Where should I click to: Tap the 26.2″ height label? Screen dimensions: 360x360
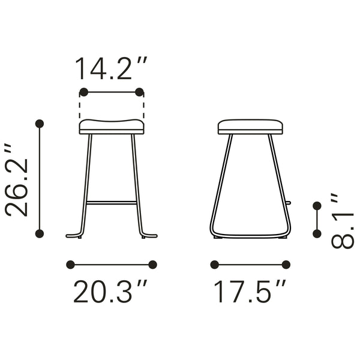[x=16, y=179]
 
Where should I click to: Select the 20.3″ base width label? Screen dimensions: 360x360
[x=111, y=292]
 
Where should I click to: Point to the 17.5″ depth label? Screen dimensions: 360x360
[x=250, y=292]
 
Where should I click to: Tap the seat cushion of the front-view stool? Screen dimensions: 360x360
[x=112, y=127]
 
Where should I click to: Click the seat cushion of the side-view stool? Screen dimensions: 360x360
[x=250, y=127]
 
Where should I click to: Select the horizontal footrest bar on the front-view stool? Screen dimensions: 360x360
[x=112, y=203]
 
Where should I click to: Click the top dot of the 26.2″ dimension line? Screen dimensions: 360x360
[x=40, y=124]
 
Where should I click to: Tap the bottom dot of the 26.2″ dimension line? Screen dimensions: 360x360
[x=40, y=233]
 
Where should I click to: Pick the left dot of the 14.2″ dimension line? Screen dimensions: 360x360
[x=83, y=92]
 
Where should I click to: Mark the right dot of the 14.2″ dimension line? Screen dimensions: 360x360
[x=140, y=92]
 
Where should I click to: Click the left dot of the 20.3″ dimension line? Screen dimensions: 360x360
[x=70, y=264]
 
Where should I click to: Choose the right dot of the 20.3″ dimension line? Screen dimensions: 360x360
[x=152, y=264]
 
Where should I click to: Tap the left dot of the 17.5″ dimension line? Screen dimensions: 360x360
[x=214, y=264]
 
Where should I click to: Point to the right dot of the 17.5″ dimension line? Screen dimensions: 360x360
[x=286, y=264]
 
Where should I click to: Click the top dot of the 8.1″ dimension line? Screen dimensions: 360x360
[x=317, y=206]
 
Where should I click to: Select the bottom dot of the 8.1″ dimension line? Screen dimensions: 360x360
[x=317, y=232]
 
